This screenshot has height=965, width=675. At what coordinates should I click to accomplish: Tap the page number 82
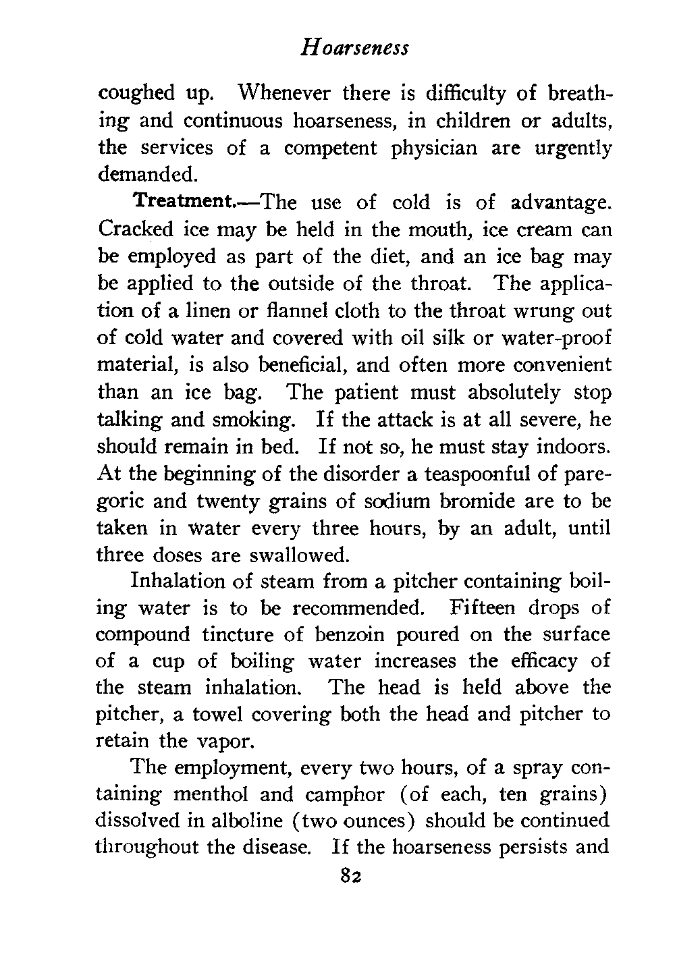[x=352, y=876]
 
